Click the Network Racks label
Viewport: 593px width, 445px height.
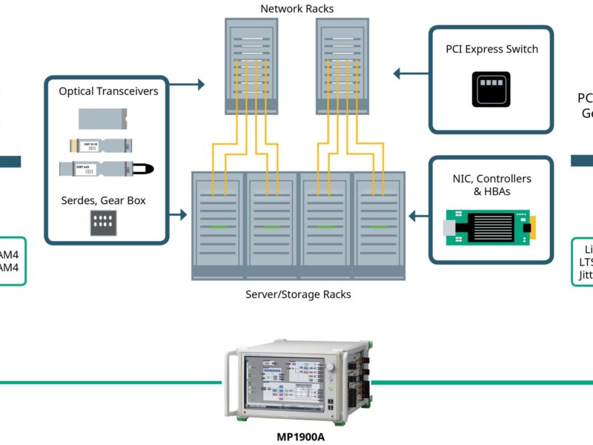point(297,9)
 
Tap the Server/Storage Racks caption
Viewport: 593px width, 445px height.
point(298,294)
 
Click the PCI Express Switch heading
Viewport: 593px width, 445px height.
point(491,50)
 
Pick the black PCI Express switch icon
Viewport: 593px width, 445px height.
point(491,89)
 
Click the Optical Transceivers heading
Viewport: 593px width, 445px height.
point(107,91)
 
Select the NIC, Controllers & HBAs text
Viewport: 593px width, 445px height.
point(491,185)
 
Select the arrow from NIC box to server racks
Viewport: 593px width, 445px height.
point(420,217)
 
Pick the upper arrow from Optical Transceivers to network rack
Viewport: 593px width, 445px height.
point(191,85)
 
